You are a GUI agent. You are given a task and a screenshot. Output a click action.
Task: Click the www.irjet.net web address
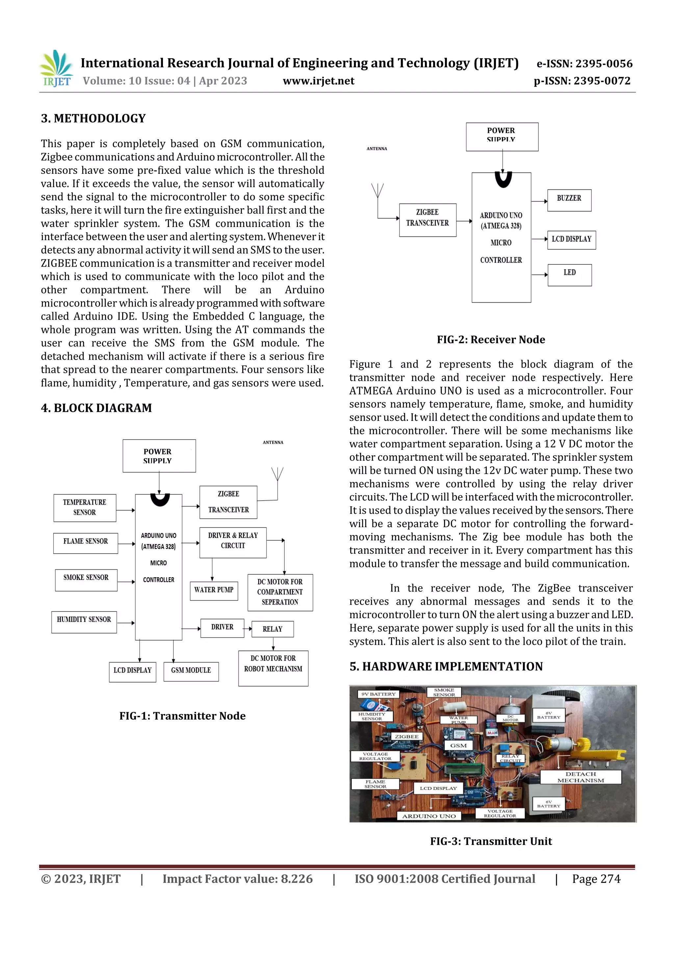coord(318,81)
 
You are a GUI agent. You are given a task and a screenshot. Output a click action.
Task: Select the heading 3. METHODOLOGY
coord(93,119)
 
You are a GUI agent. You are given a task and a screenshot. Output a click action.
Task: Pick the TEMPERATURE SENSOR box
coord(85,508)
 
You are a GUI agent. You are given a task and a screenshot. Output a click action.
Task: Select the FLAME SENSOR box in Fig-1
coord(86,543)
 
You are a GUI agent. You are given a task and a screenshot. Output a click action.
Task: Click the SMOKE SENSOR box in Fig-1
coord(86,579)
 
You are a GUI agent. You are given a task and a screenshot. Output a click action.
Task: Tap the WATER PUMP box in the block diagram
coord(214,590)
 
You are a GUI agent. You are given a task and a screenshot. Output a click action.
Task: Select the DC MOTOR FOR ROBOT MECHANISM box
coord(273,667)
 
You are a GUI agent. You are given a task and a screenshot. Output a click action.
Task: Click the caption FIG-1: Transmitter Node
coord(182,716)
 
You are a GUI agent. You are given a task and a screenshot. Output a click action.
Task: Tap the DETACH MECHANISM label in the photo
coord(580,777)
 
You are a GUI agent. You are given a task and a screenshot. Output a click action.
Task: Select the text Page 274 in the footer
coord(596,879)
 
